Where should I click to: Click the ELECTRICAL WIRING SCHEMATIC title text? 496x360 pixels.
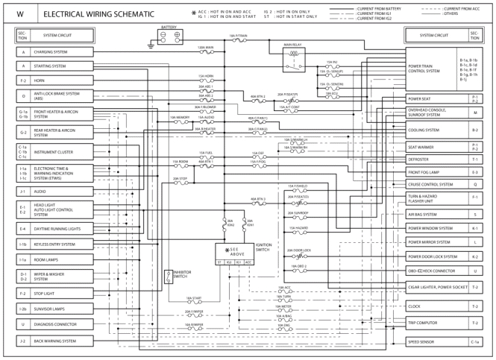click(x=98, y=14)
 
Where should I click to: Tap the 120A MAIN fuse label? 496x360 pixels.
click(x=206, y=47)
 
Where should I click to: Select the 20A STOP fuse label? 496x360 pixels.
click(x=180, y=179)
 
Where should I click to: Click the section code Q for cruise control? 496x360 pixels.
click(x=475, y=183)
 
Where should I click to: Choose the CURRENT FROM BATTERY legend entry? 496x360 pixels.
click(x=378, y=7)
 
